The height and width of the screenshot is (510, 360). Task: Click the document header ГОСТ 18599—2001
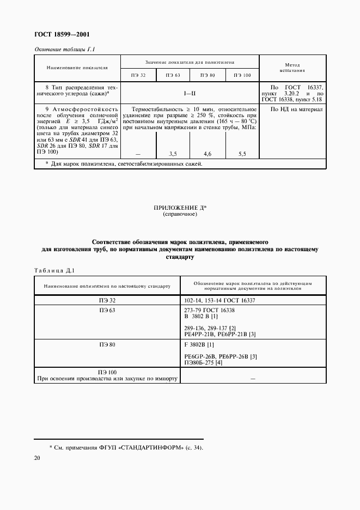[x=62, y=34]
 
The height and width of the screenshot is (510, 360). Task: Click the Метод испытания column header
[x=292, y=68]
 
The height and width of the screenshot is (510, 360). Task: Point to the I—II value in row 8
[x=189, y=94]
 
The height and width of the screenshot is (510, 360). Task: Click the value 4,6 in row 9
[x=208, y=154]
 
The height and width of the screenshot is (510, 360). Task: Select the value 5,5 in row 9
[x=242, y=154]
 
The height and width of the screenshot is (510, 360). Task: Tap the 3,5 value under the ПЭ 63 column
[x=173, y=154]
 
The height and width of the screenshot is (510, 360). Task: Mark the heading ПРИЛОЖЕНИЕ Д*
[x=180, y=208]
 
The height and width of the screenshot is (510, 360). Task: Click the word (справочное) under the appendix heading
[x=180, y=215]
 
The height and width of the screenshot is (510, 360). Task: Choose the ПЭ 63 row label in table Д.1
[x=107, y=309]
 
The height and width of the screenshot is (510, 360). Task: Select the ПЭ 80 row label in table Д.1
[x=107, y=344]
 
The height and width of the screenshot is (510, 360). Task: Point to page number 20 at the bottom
[x=37, y=459]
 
